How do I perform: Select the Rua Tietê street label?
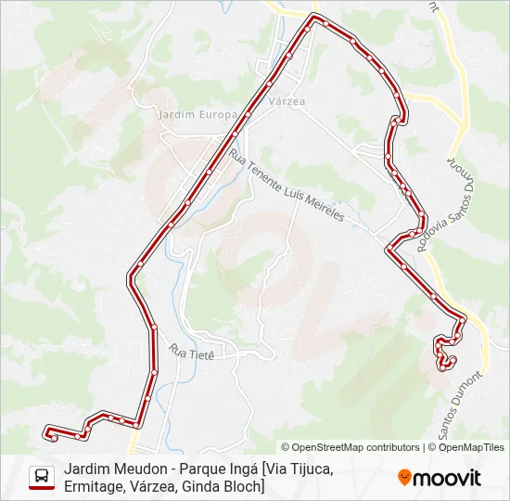coord(192,352)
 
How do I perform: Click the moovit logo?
coord(439,478)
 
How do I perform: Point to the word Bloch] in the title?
coord(243,486)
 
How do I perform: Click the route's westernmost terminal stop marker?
coord(48,430)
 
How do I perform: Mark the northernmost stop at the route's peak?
coord(315,18)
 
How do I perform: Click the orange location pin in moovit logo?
coord(404,478)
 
